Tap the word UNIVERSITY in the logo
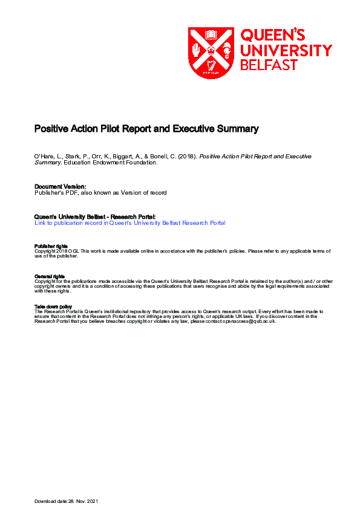(x=287, y=50)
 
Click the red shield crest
(x=211, y=53)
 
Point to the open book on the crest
(x=211, y=34)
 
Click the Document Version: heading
(x=61, y=187)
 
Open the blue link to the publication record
(x=130, y=223)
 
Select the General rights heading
(x=50, y=276)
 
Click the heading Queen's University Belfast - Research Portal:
(x=95, y=216)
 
